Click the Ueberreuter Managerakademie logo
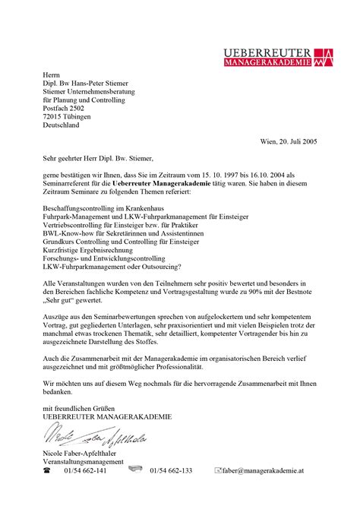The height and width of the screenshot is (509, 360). click(277, 55)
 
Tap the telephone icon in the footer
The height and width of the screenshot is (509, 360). click(46, 472)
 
